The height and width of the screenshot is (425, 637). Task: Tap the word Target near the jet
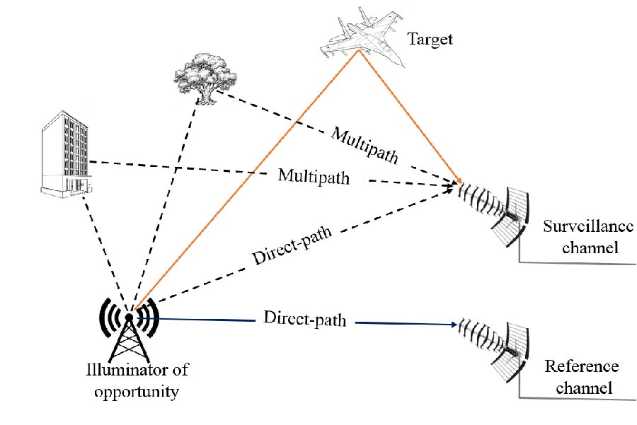(x=430, y=38)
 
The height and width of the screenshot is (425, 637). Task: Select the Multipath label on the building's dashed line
(x=314, y=175)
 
